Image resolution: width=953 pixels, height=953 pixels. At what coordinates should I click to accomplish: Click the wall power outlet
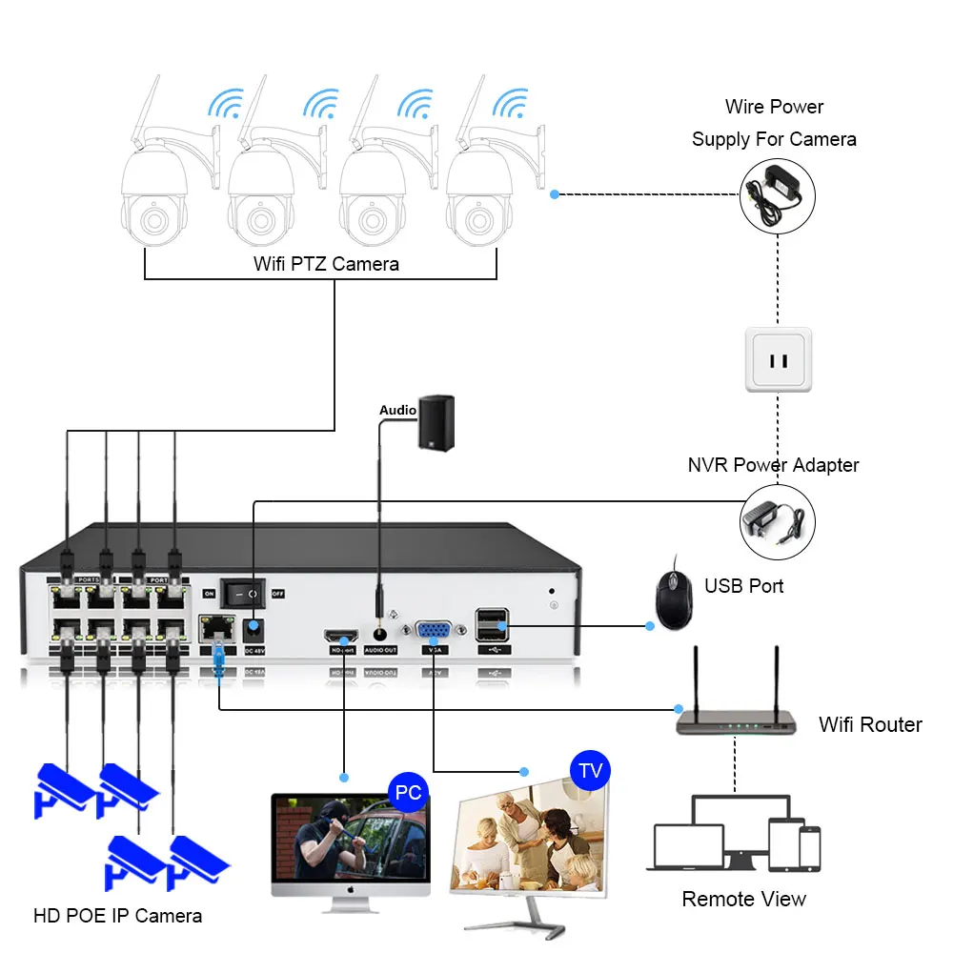(x=778, y=359)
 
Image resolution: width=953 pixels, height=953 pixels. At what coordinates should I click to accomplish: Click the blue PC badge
(x=408, y=792)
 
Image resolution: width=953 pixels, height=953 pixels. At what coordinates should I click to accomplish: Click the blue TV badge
(x=590, y=770)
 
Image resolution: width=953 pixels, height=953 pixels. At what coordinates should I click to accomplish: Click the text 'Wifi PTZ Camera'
(x=326, y=263)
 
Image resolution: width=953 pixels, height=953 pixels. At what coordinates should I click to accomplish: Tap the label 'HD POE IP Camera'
(x=118, y=916)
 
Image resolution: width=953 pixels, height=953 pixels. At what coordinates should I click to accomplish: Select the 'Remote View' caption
(x=743, y=899)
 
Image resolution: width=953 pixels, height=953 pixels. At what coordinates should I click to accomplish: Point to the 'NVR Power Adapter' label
(x=773, y=465)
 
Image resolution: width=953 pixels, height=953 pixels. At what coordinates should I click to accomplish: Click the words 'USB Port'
(x=743, y=585)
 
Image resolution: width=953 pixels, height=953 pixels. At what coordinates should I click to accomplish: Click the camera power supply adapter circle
(x=779, y=194)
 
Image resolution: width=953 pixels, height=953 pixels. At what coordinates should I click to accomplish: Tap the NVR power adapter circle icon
(x=778, y=521)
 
